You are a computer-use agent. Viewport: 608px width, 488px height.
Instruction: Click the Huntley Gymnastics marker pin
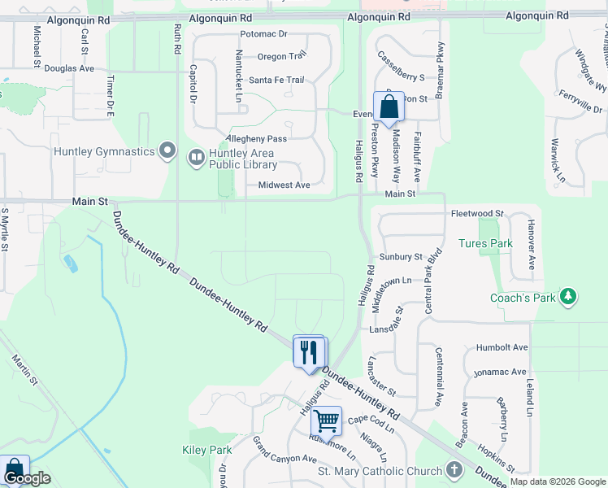[x=168, y=150]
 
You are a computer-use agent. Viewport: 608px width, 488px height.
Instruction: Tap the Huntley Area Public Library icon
[x=196, y=156]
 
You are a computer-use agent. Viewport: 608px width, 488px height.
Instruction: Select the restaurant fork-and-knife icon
[x=309, y=352]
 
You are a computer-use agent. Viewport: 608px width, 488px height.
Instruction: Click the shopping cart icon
[x=326, y=421]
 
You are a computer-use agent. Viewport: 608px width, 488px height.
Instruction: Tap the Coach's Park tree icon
[x=570, y=297]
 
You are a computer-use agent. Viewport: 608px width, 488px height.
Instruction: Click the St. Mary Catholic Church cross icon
[x=454, y=470]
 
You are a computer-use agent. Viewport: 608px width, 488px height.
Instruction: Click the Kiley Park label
[x=207, y=450]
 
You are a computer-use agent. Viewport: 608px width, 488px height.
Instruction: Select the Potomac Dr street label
[x=264, y=34]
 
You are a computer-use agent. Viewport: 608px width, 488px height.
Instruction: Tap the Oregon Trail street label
[x=282, y=56]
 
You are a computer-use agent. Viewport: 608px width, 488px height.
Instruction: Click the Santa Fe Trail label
[x=276, y=80]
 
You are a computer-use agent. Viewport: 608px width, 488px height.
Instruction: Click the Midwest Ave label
[x=284, y=185]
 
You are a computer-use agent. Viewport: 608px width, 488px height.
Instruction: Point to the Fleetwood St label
[x=477, y=213]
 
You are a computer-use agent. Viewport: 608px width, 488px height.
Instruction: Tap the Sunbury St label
[x=401, y=256]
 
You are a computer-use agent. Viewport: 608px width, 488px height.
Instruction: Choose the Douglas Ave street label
[x=69, y=69]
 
